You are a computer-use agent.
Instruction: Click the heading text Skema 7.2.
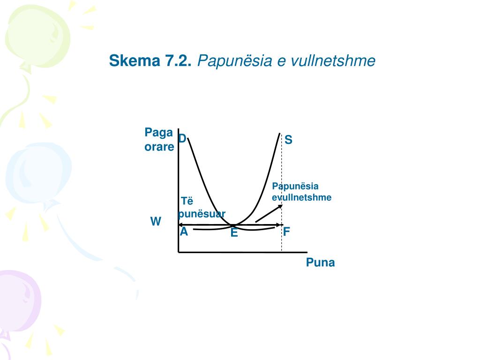click(x=150, y=60)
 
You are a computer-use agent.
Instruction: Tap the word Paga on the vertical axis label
click(x=158, y=133)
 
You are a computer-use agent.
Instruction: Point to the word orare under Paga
click(x=159, y=147)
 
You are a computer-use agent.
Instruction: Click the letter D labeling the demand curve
click(x=182, y=138)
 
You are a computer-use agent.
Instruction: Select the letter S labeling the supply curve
click(x=288, y=140)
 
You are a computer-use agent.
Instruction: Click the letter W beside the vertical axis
click(x=156, y=221)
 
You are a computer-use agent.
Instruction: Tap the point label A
click(x=184, y=231)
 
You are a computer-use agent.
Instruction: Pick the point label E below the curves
click(x=234, y=232)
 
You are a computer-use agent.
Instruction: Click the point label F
click(x=286, y=232)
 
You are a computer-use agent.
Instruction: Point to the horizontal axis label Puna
click(x=321, y=262)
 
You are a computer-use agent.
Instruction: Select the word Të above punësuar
click(x=187, y=202)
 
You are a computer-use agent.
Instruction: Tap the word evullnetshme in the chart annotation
click(x=301, y=197)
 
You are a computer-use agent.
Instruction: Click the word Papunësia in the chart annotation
click(x=295, y=187)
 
